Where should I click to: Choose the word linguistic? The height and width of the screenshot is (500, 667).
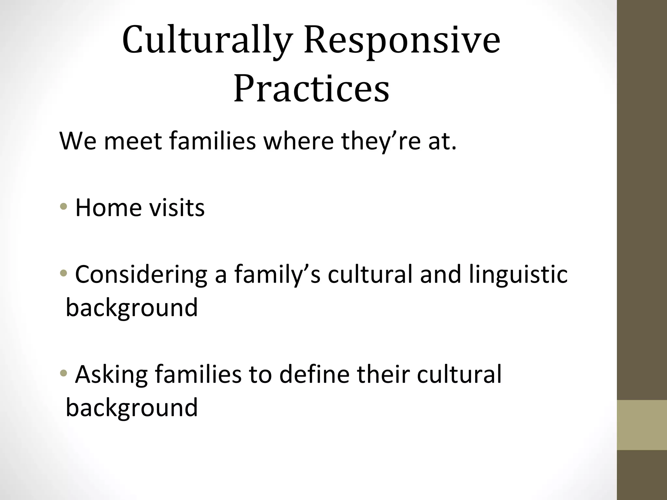(x=518, y=274)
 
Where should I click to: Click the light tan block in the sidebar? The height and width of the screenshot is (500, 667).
(x=642, y=425)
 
